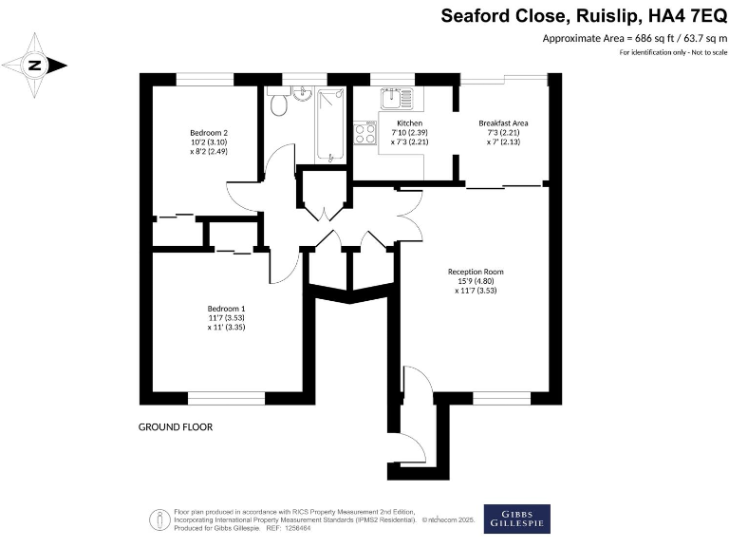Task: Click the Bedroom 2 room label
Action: click(x=208, y=132)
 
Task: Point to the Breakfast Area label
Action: click(x=503, y=123)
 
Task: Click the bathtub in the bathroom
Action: click(x=331, y=123)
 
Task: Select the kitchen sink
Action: click(x=393, y=97)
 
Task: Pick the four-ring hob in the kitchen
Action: click(x=364, y=133)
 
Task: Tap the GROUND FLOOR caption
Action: click(x=175, y=427)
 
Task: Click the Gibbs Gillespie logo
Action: click(x=516, y=519)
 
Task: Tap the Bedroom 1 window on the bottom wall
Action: click(x=226, y=398)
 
